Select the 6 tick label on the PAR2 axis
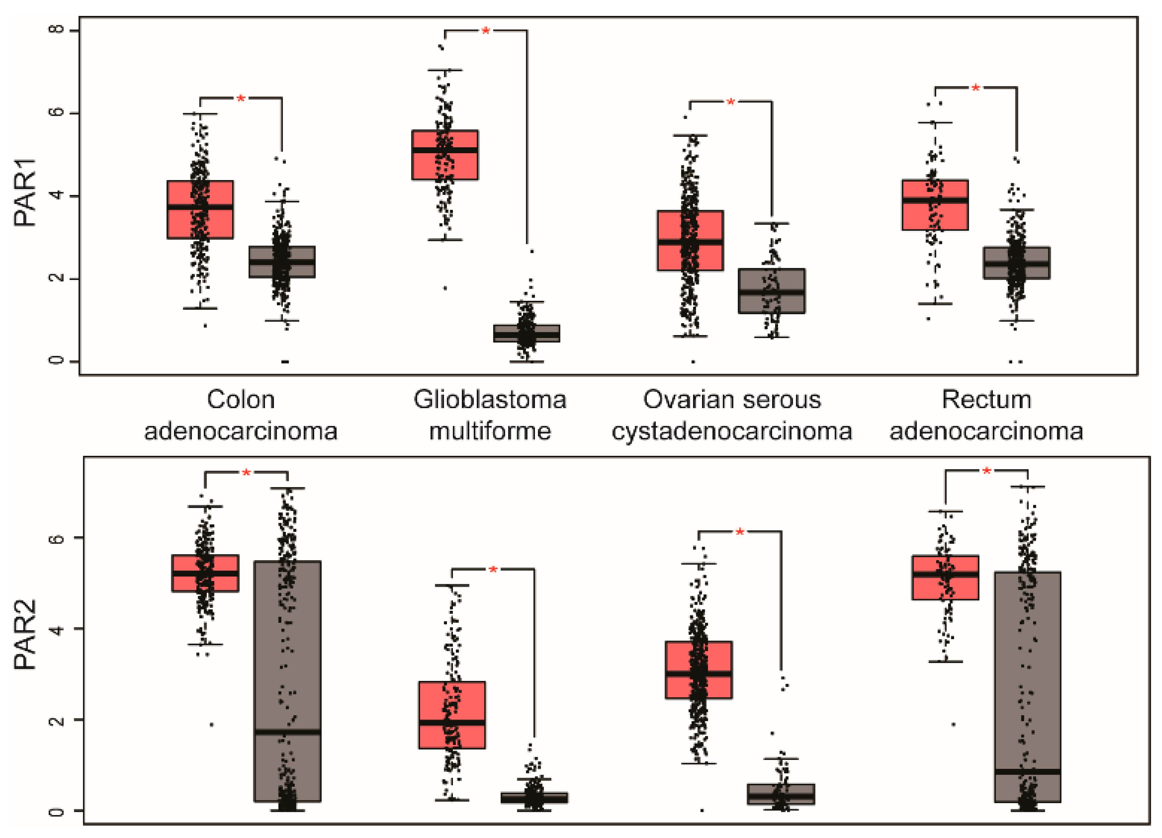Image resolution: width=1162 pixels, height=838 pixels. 57,538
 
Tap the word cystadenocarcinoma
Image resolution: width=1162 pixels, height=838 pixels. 732,431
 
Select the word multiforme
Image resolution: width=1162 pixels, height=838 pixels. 490,431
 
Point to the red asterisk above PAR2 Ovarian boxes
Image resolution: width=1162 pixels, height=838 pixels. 740,532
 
